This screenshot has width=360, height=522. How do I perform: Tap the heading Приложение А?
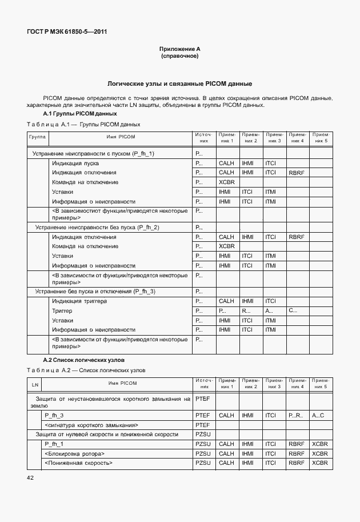179,50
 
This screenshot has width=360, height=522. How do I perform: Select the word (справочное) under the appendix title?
179,57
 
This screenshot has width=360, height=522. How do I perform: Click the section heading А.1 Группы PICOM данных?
80,114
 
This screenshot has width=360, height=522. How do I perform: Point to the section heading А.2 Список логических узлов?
84,360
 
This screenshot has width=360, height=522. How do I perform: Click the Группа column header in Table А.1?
38,137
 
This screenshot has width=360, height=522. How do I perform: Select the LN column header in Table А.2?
35,383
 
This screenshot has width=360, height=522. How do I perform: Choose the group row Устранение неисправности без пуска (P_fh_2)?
97,227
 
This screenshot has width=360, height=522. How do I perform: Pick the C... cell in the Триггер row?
294,310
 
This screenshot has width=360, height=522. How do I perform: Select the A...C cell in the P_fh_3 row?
318,416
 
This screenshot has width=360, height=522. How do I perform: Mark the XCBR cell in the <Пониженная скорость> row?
320,463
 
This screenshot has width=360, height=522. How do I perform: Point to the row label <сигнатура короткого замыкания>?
91,425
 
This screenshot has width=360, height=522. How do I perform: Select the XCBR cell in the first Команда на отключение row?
227,182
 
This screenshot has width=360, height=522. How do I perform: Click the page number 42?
30,477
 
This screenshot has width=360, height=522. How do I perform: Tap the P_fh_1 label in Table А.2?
54,444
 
